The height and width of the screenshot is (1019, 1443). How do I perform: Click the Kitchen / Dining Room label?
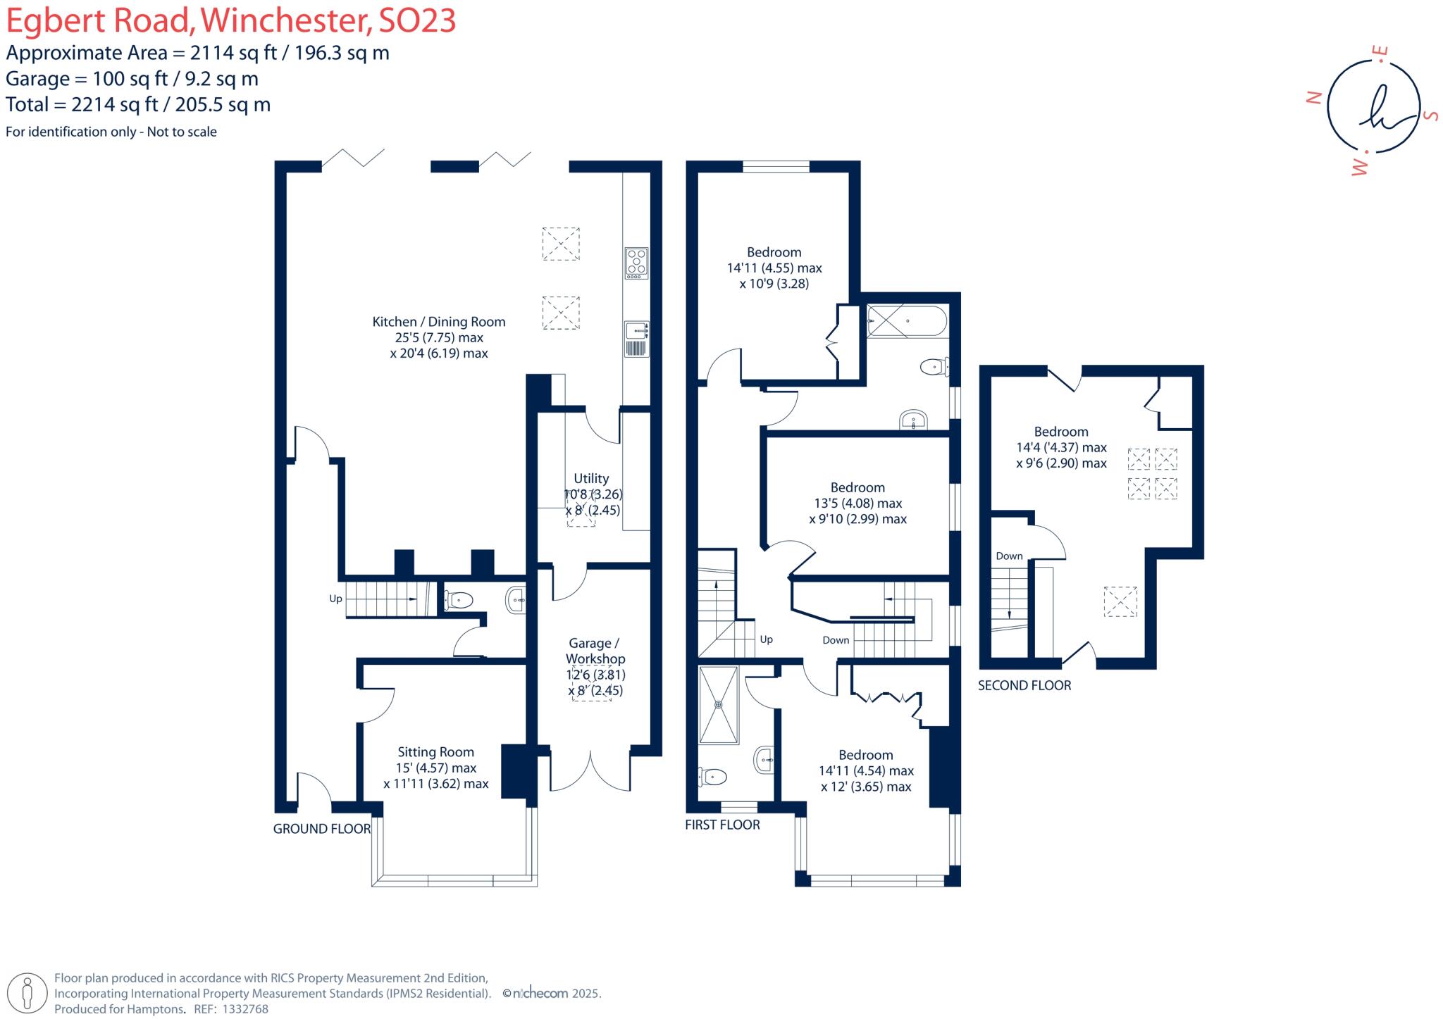pos(438,322)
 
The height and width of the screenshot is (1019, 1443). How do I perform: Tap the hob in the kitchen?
pos(636,263)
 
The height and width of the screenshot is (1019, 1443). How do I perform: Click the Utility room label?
pos(590,478)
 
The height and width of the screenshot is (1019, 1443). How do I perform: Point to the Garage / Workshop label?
pos(595,651)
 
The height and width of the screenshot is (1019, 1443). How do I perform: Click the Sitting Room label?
pos(435,751)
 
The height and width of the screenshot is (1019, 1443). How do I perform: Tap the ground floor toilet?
pos(459,600)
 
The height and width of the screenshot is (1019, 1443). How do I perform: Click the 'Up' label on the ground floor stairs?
pos(335,599)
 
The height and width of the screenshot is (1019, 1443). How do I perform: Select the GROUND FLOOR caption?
pos(321,829)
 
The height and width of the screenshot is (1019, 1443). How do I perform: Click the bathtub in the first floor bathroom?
pos(906,321)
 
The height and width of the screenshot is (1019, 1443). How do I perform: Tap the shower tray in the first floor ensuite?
pos(719,705)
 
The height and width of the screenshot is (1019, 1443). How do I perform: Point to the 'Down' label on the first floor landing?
pos(836,640)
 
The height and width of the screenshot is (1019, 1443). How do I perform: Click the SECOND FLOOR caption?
pos(1024,685)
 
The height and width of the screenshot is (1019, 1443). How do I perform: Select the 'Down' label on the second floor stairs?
pos(1009,556)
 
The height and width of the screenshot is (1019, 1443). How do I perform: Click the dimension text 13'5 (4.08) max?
pos(857,503)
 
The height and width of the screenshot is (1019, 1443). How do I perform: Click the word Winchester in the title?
pos(285,21)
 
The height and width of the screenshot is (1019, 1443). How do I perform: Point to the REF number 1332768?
pos(245,1009)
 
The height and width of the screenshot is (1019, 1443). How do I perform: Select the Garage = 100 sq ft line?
pos(132,78)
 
